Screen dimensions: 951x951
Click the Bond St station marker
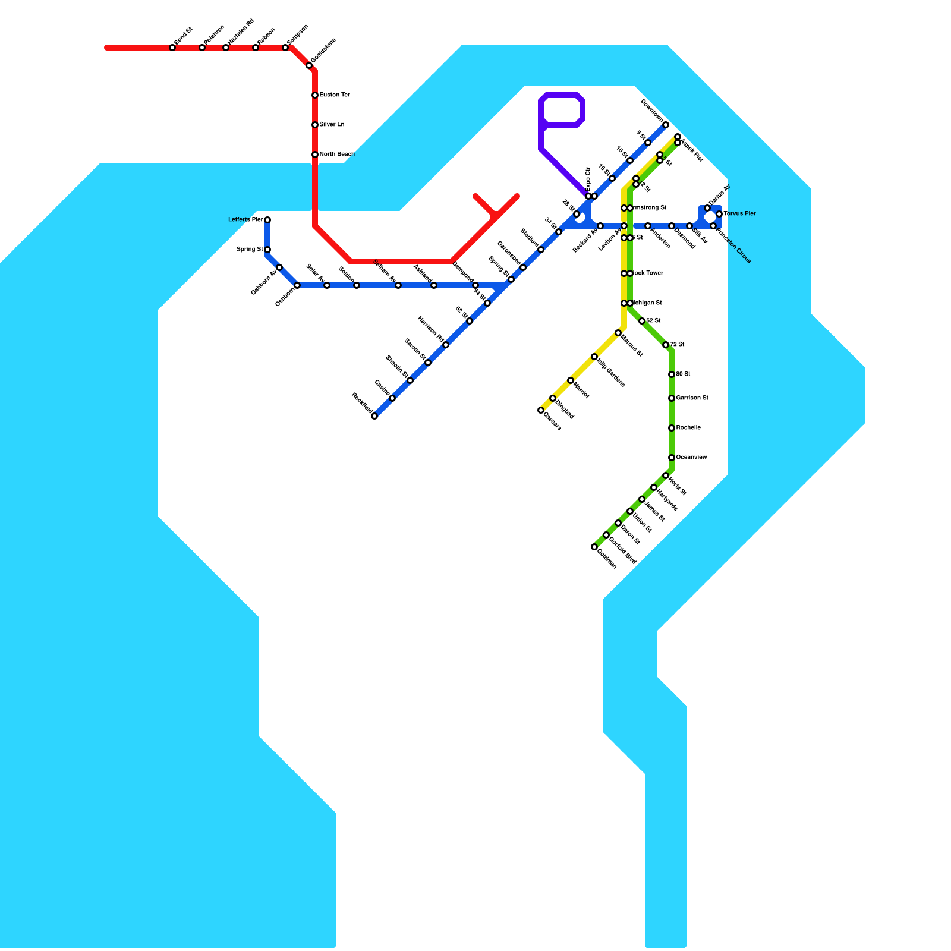coord(172,48)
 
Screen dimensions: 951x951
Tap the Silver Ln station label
coord(332,125)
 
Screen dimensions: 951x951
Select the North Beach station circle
coord(315,155)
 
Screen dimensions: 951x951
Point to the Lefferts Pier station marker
coord(267,220)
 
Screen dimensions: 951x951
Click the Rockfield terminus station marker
coord(374,416)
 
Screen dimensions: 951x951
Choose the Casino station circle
coord(392,398)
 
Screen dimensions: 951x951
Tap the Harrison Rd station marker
coord(446,345)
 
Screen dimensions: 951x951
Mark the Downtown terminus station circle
coord(666,125)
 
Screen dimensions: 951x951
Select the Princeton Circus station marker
coord(713,226)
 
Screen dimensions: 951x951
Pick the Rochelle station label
coord(688,428)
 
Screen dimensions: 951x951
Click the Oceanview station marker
coord(672,458)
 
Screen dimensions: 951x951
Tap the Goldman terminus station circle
coord(594,547)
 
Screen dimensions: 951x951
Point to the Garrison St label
coord(692,398)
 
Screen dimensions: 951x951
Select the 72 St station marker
coord(666,345)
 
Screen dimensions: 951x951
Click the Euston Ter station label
coord(335,95)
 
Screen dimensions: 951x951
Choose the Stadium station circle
coord(541,250)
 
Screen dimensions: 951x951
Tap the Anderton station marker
coord(648,226)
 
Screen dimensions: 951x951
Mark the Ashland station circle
coord(434,285)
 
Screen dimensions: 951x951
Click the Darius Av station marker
coord(707,208)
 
